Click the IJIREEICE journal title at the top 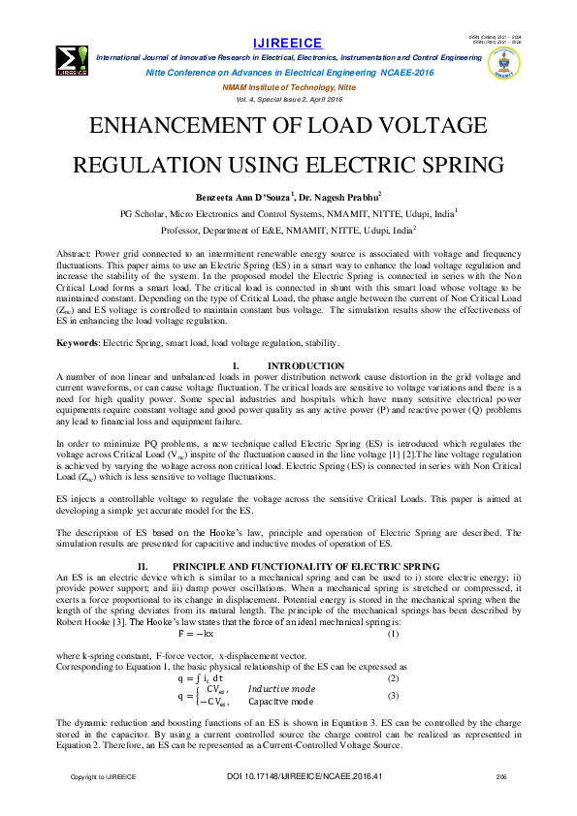(x=288, y=44)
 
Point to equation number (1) (x=393, y=633)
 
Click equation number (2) (x=393, y=678)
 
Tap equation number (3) (x=393, y=696)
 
